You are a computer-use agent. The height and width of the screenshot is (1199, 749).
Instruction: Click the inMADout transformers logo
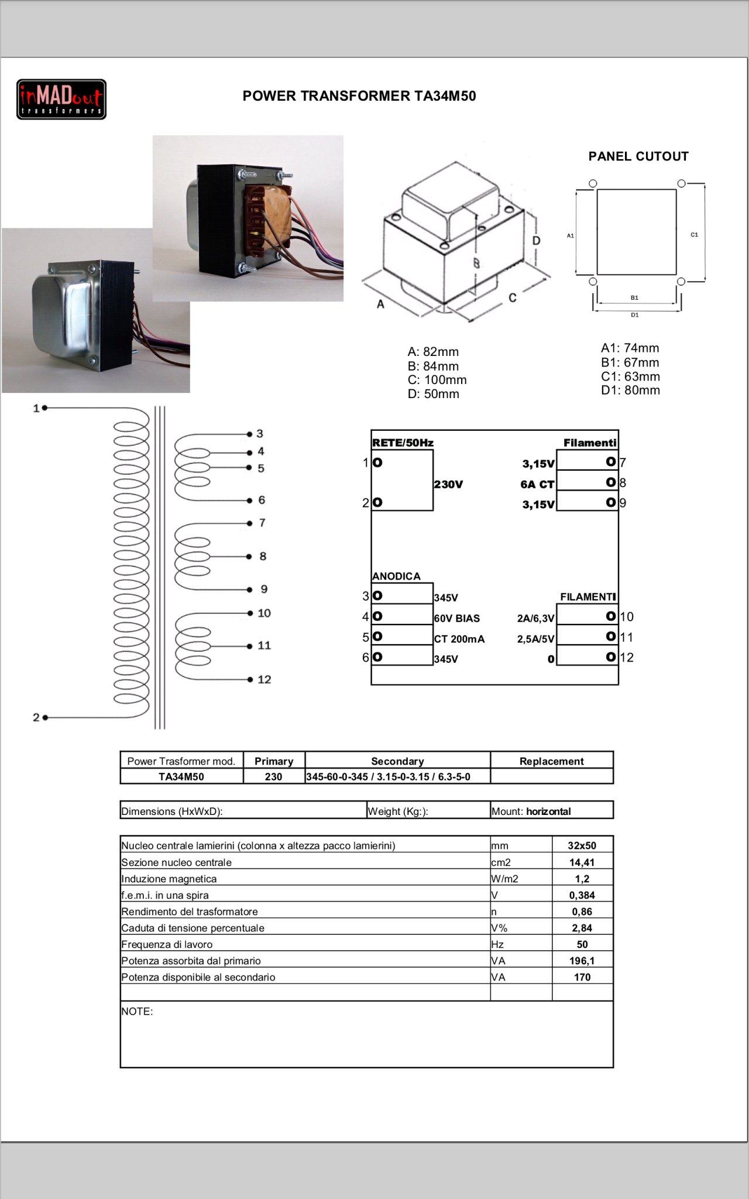(x=61, y=100)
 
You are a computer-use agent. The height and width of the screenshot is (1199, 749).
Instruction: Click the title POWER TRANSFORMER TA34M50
(x=359, y=96)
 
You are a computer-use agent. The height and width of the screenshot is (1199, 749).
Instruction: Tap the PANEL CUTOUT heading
(x=638, y=156)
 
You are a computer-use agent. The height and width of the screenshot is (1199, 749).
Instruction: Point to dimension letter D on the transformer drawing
(x=536, y=241)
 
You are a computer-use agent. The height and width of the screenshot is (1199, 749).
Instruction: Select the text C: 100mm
(x=437, y=380)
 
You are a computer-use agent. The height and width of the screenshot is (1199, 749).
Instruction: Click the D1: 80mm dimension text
(x=630, y=390)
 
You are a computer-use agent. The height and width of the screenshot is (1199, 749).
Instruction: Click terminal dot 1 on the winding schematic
(x=45, y=408)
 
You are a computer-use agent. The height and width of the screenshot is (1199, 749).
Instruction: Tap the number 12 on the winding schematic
(x=264, y=679)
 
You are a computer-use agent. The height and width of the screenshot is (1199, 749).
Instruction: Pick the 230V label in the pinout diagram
(x=448, y=484)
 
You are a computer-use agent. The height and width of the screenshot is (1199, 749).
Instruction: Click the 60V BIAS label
(x=456, y=618)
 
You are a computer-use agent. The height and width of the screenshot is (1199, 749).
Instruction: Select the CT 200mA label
(x=459, y=639)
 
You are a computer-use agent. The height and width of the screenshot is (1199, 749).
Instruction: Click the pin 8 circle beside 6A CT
(x=610, y=482)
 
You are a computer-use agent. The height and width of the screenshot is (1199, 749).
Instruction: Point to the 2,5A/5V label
(x=535, y=639)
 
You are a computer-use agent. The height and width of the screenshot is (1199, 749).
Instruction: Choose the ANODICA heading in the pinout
(x=396, y=576)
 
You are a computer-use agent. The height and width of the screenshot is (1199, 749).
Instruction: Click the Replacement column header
(x=551, y=761)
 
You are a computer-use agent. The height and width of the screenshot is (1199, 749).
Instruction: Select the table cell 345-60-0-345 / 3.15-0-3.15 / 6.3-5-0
(x=388, y=777)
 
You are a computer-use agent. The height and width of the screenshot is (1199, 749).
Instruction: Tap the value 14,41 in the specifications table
(x=582, y=862)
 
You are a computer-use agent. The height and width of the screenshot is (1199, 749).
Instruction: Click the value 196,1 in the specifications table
(x=582, y=961)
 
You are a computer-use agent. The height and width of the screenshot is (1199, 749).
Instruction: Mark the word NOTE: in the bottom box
(x=137, y=1011)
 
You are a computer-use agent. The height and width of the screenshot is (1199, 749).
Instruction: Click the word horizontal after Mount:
(x=548, y=811)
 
